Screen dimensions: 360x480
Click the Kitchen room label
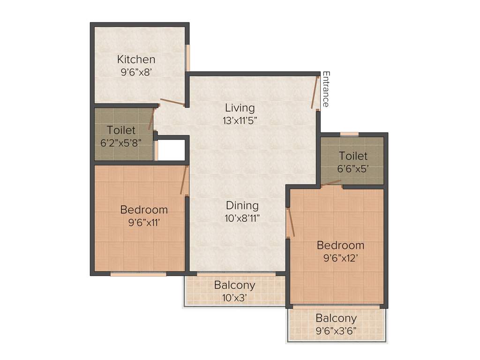pos(136,60)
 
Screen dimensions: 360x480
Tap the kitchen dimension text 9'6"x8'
pos(136,72)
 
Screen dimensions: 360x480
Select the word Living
pos(240,108)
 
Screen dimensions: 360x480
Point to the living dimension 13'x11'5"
pos(240,120)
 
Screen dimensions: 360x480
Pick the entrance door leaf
pos(315,92)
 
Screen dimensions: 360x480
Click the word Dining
pos(242,205)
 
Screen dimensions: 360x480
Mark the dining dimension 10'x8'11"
pos(242,217)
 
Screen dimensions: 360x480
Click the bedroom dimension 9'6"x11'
pos(144,222)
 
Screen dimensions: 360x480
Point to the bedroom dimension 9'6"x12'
pos(340,257)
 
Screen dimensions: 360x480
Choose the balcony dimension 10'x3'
pos(234,297)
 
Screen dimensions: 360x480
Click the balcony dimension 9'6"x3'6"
pos(336,330)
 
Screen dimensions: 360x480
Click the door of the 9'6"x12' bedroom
pos(291,222)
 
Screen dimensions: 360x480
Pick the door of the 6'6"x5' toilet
pos(331,183)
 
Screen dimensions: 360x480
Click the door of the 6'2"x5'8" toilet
pos(151,119)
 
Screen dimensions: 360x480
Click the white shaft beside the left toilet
pos(172,150)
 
